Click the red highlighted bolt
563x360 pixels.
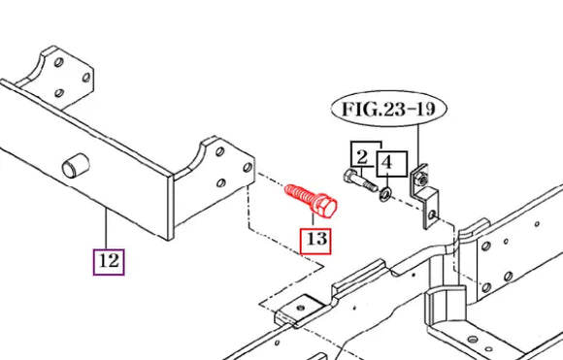(x=311, y=201)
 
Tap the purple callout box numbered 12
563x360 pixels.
(x=109, y=262)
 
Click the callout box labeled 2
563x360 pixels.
(x=363, y=158)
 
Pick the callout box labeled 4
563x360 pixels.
(x=392, y=164)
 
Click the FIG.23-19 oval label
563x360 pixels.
(x=388, y=108)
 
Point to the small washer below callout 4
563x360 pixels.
(x=385, y=194)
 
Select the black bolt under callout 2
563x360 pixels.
(x=360, y=181)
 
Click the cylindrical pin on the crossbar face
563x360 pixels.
(x=76, y=166)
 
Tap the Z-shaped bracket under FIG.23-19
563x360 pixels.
(x=424, y=196)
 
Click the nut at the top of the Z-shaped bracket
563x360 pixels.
(x=422, y=179)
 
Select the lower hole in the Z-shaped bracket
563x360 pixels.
(x=432, y=214)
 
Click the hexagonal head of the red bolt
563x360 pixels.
(x=326, y=208)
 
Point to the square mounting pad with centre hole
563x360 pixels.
(x=301, y=308)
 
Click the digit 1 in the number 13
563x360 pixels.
(x=311, y=239)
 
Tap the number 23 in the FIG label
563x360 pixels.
(x=395, y=109)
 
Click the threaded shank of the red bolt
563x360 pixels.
(x=300, y=195)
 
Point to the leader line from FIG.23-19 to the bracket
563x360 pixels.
(x=419, y=147)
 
